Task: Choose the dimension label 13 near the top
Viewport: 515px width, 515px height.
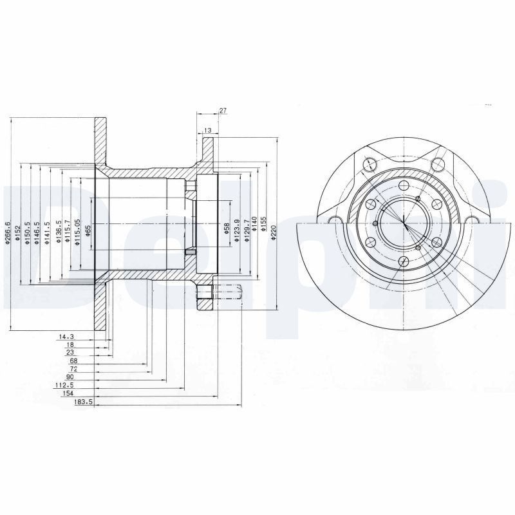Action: pyautogui.click(x=207, y=131)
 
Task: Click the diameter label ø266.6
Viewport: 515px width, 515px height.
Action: pyautogui.click(x=8, y=233)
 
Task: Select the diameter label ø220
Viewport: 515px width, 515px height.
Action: pyautogui.click(x=274, y=231)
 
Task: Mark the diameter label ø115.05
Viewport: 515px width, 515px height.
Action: pyautogui.click(x=77, y=230)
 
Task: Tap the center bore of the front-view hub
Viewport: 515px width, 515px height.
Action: pyautogui.click(x=403, y=222)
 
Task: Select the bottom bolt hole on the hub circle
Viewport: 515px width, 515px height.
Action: pyautogui.click(x=402, y=261)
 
